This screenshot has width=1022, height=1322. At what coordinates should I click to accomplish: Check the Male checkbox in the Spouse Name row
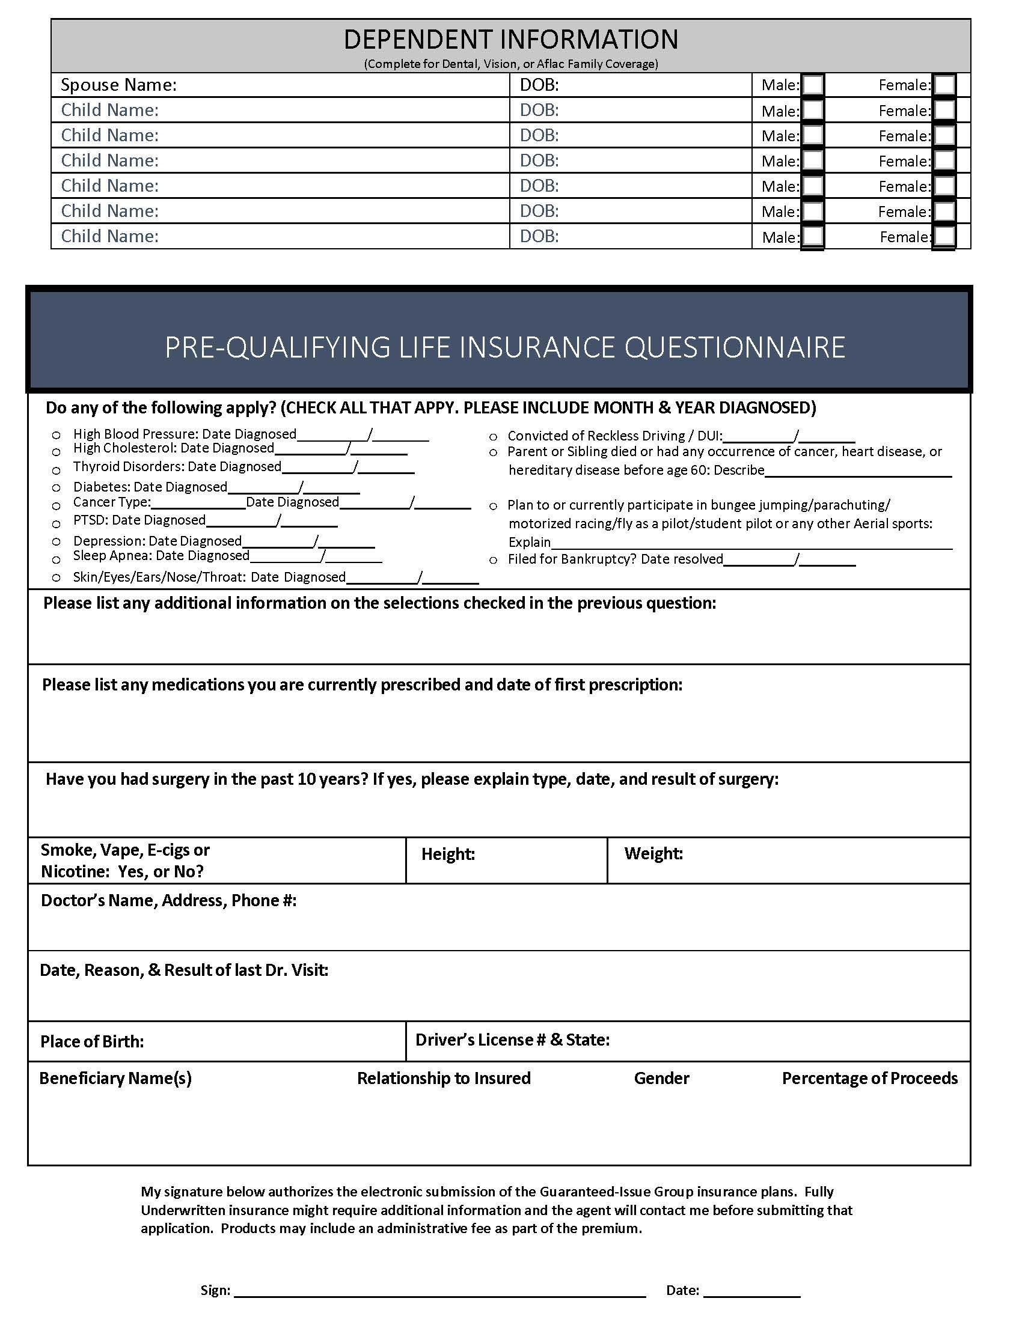pyautogui.click(x=813, y=85)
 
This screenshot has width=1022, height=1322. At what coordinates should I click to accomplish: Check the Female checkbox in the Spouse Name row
pyautogui.click(x=944, y=85)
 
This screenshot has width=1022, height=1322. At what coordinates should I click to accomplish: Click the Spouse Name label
pyautogui.click(x=118, y=85)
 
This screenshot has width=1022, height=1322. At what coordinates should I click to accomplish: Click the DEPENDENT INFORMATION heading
pyautogui.click(x=510, y=40)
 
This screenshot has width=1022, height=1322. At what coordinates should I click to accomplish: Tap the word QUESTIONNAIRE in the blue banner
pyautogui.click(x=734, y=347)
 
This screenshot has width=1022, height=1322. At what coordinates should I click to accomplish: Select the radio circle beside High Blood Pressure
pyautogui.click(x=57, y=434)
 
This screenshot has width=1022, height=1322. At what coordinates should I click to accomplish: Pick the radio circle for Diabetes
pyautogui.click(x=57, y=487)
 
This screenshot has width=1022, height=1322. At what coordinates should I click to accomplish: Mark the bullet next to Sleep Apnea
pyautogui.click(x=57, y=559)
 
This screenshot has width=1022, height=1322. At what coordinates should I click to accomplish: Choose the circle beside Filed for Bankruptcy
pyautogui.click(x=494, y=560)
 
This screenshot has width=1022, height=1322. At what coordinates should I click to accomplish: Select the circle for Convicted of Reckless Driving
pyautogui.click(x=494, y=436)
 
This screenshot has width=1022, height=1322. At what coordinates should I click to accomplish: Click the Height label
pyautogui.click(x=448, y=854)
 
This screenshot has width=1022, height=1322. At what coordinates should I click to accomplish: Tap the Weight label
pyautogui.click(x=653, y=853)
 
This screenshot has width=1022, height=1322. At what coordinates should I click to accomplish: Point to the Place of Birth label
pyautogui.click(x=92, y=1041)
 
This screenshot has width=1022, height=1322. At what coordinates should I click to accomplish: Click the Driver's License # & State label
pyautogui.click(x=512, y=1040)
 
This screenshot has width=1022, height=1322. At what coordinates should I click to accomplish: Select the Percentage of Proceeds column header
pyautogui.click(x=869, y=1078)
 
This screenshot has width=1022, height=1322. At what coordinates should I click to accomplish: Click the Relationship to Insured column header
pyautogui.click(x=443, y=1078)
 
